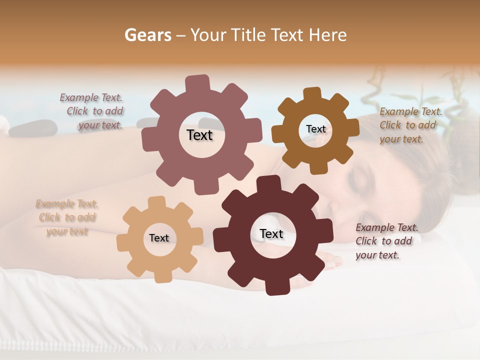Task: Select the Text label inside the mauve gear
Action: (199, 135)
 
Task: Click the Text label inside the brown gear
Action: (315, 129)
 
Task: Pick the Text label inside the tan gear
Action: (159, 238)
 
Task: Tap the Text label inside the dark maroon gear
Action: (271, 234)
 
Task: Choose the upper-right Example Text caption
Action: (410, 125)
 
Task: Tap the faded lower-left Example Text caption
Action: (67, 217)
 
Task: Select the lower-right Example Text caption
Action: (386, 241)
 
